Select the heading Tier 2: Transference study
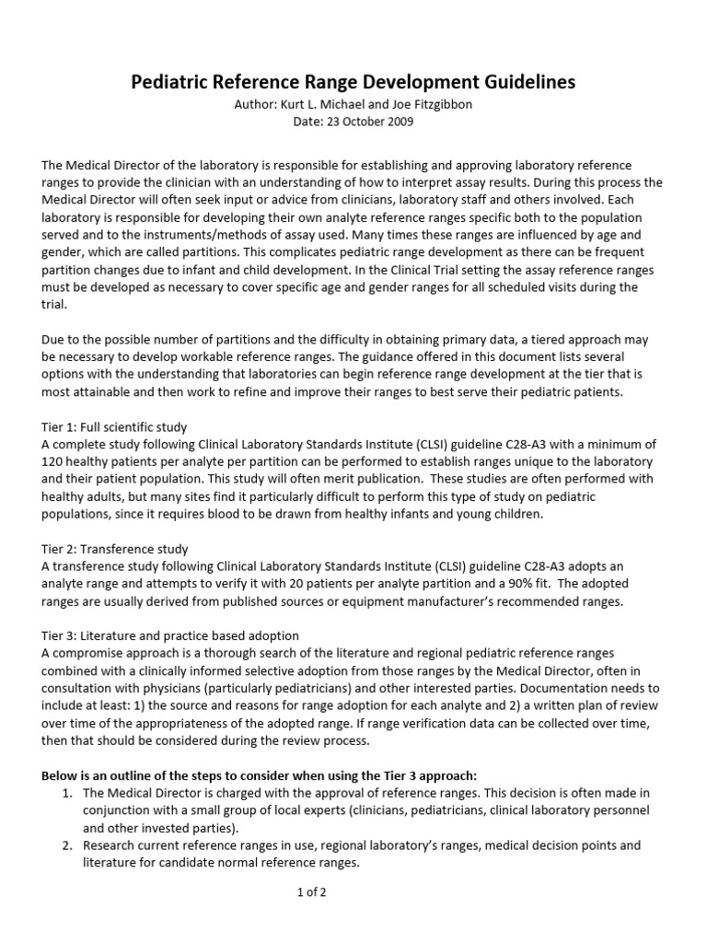114,549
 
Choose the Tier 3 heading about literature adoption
169,636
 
